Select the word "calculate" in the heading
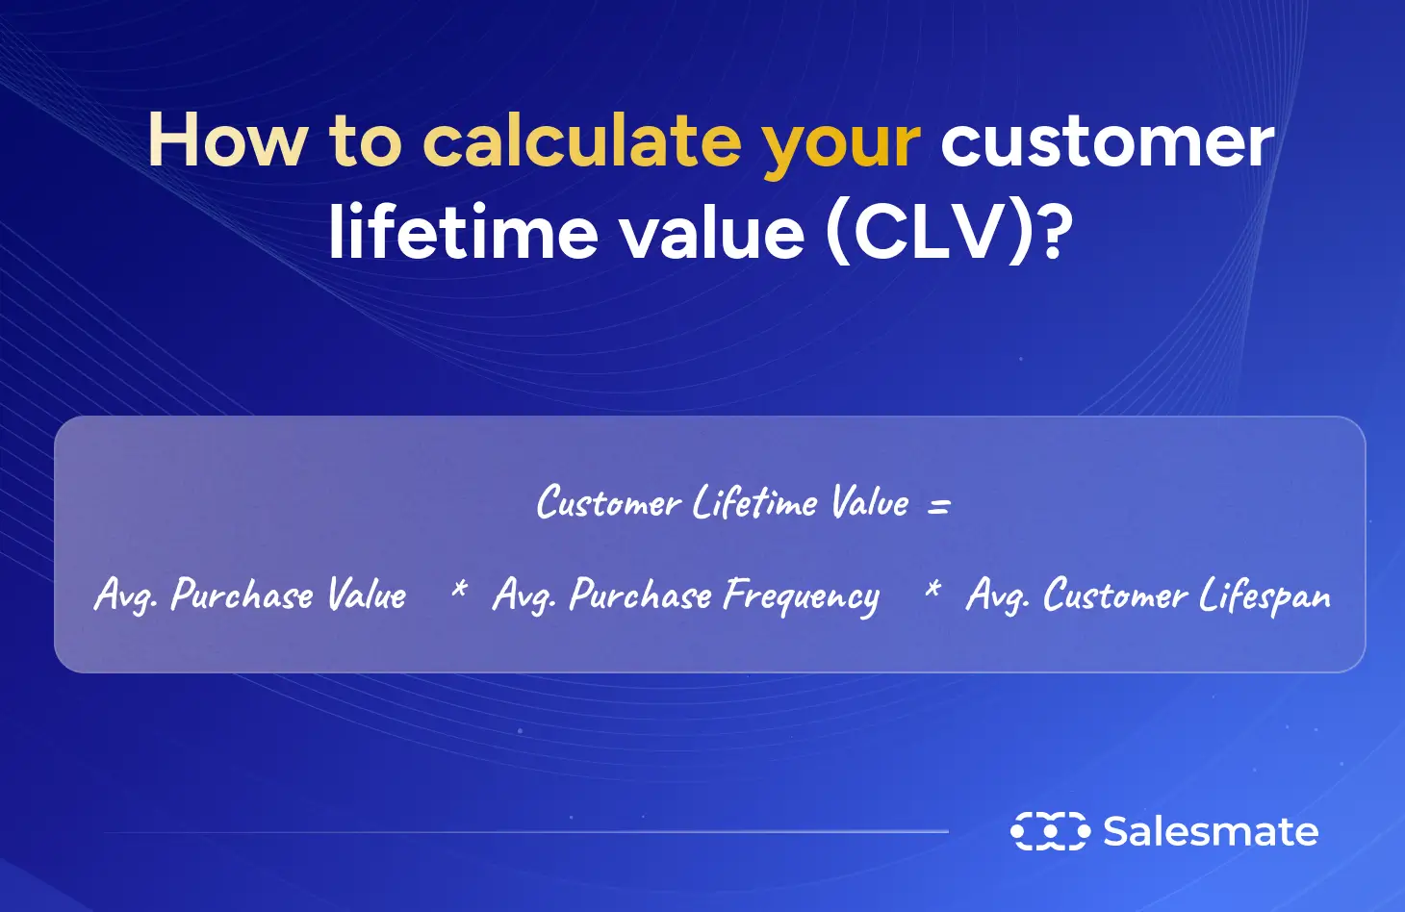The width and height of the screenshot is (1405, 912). coord(582,140)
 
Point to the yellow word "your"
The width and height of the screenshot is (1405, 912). coord(841,144)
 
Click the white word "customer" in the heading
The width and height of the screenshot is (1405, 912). coord(1107,140)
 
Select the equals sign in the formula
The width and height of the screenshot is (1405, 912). coord(938,505)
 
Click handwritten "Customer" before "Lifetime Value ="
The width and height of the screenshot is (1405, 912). coord(608,503)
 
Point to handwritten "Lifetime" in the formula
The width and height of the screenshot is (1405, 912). coord(755,502)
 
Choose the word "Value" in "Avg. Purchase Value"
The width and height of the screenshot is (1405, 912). coord(367,595)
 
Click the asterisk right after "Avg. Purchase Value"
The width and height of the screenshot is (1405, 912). coord(459,589)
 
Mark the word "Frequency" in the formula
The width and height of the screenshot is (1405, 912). coord(801,597)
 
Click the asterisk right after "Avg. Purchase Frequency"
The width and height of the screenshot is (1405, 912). coord(932,589)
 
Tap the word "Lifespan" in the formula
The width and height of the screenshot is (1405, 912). coord(1264,597)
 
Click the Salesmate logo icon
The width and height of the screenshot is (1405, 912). coord(1049,831)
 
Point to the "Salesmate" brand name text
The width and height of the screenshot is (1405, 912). coord(1211,831)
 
